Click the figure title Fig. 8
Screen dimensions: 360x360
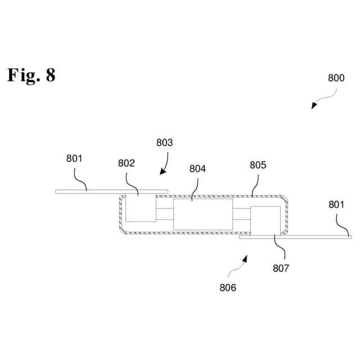click(31, 75)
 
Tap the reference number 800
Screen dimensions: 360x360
click(336, 79)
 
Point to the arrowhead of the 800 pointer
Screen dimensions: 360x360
click(314, 106)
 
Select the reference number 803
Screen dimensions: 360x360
click(164, 143)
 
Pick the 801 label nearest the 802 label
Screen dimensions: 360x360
click(74, 159)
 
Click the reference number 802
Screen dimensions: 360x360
click(127, 164)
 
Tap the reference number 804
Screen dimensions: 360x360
click(197, 168)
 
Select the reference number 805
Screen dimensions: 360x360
click(258, 165)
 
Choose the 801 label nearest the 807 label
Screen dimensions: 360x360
click(336, 205)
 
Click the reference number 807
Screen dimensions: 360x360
click(281, 268)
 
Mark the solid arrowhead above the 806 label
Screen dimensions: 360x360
click(245, 258)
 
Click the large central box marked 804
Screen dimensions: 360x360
click(202, 214)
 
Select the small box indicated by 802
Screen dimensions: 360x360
click(141, 208)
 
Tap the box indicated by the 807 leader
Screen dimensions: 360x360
click(265, 220)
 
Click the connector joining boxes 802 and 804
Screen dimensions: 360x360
click(165, 214)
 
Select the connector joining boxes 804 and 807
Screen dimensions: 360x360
click(241, 214)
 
